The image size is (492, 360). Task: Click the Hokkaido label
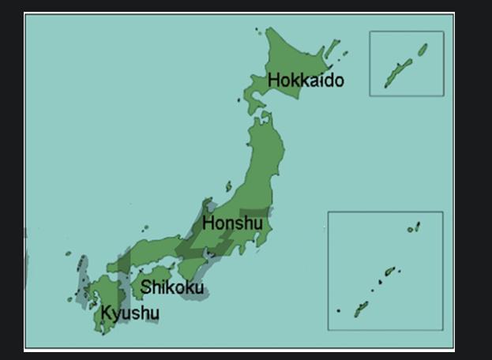306,81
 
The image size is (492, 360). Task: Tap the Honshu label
232,223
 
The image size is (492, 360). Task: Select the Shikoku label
171,287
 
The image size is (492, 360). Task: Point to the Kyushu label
130,313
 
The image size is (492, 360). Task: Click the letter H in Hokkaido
273,81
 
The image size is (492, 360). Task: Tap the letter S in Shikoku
146,287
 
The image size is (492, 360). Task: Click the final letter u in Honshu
257,223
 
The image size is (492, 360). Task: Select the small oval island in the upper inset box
423,50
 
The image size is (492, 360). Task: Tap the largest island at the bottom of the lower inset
361,309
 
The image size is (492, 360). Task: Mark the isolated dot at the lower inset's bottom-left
338,310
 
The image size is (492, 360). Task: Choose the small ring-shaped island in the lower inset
411,230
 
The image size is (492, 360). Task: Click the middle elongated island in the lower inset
389,272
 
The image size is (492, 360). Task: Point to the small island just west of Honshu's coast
228,187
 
